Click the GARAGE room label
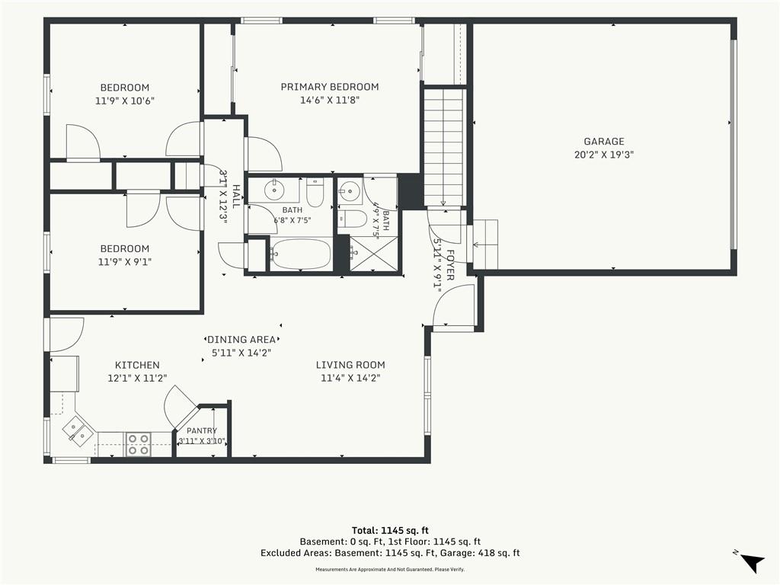pos(604,141)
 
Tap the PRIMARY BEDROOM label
pos(330,87)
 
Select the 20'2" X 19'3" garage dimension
pos(604,155)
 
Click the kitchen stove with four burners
pos(139,444)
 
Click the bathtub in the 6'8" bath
pos(301,254)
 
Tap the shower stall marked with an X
pos(374,254)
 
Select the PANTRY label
pos(202,431)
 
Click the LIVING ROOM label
pos(350,365)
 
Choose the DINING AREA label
pos(241,340)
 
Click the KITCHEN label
pos(137,365)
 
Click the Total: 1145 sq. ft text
pos(390,530)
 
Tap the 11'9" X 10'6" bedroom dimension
pos(125,101)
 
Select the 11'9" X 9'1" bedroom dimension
pos(125,262)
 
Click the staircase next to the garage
pos(443,147)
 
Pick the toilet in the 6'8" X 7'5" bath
pos(315,192)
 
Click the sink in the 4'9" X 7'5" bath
pos(350,190)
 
